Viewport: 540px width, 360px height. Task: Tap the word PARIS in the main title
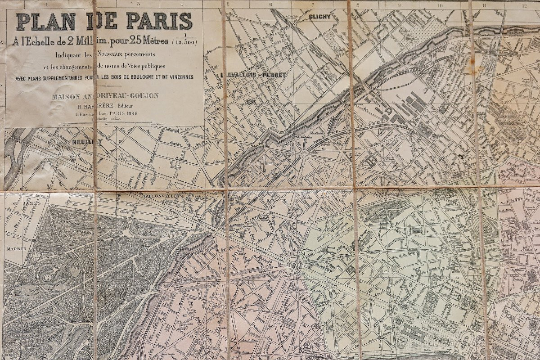click(159, 21)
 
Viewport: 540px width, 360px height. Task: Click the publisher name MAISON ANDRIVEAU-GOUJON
click(104, 96)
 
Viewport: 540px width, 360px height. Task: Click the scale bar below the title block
click(103, 123)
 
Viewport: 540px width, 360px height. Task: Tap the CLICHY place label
click(320, 17)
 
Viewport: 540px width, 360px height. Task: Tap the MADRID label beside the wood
click(16, 248)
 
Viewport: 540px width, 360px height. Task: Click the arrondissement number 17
click(381, 132)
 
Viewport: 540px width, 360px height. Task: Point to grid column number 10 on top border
click(440, 5)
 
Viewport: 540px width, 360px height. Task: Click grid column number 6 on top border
click(270, 5)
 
